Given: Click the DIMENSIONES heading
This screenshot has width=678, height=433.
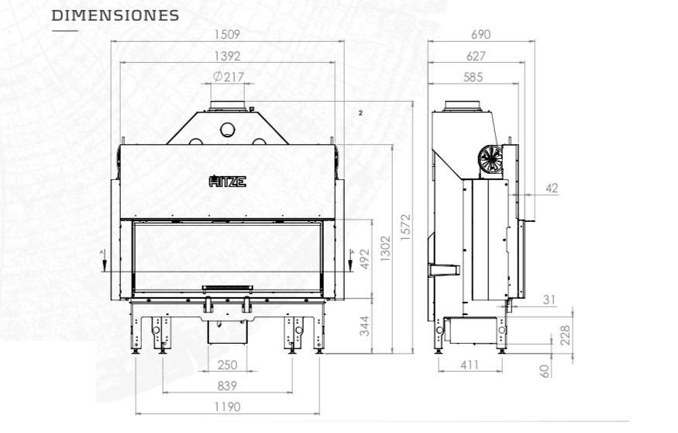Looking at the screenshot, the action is pos(115,16).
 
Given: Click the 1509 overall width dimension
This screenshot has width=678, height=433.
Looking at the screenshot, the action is pos(227,34).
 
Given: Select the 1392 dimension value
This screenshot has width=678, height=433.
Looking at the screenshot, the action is pos(227,56).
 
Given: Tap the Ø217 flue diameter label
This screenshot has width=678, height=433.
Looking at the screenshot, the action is pos(229,77).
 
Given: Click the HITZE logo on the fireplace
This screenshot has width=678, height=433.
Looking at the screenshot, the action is pos(228,181).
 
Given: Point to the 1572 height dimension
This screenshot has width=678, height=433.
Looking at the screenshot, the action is pos(405,227).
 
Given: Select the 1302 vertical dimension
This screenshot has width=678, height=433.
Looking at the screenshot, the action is pos(385,248).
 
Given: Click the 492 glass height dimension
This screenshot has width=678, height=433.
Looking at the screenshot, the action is pos(365,259).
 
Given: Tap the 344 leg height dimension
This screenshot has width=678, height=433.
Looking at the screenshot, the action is pos(365,326).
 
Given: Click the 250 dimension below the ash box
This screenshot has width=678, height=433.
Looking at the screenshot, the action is pos(228,365).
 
